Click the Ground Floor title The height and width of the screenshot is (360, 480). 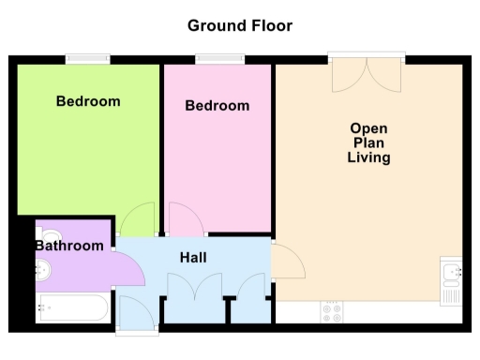coord(240,25)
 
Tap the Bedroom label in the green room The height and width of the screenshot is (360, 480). coord(88,101)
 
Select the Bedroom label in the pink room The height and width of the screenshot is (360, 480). coord(217,106)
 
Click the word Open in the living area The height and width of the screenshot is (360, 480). coord(368,128)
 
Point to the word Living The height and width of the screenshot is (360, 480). coord(368,158)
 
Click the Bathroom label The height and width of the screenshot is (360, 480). coord(69,246)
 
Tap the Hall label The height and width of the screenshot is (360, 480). coord(193,257)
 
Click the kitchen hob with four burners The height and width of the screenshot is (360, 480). coord(332,312)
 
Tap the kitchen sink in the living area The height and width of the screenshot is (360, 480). coord(451,280)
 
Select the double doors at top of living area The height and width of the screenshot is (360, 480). coord(367,77)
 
